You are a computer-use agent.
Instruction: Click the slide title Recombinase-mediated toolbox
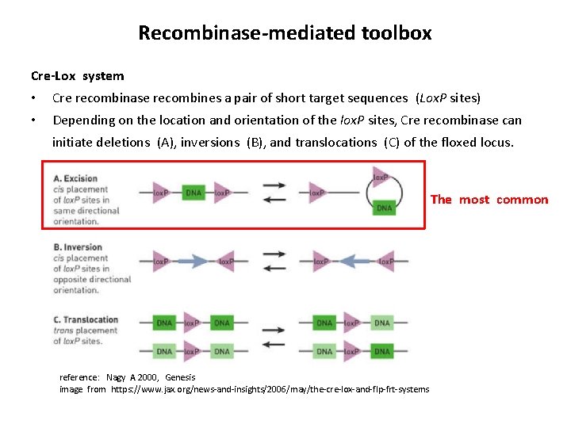click(x=285, y=32)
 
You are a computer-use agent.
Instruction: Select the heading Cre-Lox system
click(x=77, y=76)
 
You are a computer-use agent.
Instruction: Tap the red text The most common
click(x=489, y=200)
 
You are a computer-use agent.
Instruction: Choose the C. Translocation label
click(x=85, y=319)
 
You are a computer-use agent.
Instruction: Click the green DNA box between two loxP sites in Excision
click(x=193, y=193)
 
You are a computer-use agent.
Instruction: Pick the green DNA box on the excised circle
click(x=384, y=208)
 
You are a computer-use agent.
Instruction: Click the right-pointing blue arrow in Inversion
click(x=193, y=261)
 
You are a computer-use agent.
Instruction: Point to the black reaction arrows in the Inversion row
click(x=274, y=262)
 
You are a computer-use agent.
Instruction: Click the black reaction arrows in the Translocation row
click(x=274, y=336)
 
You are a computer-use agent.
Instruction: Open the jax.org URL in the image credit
click(x=270, y=389)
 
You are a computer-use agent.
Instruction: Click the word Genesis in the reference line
click(x=180, y=377)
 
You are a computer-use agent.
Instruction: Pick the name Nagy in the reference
click(x=117, y=377)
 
